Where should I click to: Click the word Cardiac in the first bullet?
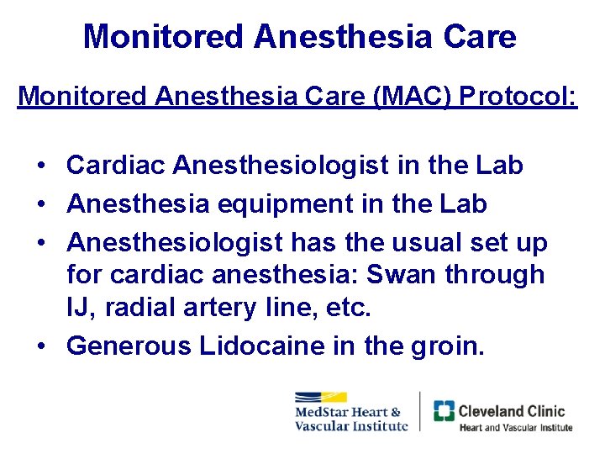pyautogui.click(x=116, y=166)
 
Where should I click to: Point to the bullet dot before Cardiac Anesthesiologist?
pyautogui.click(x=42, y=166)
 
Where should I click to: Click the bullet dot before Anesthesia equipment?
pyautogui.click(x=42, y=203)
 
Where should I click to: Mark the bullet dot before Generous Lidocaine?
pyautogui.click(x=42, y=346)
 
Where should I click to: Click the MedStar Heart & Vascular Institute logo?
pyautogui.click(x=350, y=413)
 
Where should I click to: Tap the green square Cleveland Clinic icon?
pyautogui.click(x=444, y=411)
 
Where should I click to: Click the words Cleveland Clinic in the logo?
pyautogui.click(x=511, y=411)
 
